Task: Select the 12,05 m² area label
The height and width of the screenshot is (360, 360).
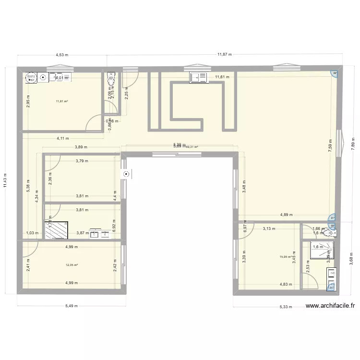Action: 72,265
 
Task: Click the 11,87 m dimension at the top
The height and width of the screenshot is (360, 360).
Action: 224,55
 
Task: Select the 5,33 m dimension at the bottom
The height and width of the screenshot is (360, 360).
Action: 287,307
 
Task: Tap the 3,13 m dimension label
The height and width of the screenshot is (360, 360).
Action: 269,228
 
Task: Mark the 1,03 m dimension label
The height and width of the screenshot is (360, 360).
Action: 32,233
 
